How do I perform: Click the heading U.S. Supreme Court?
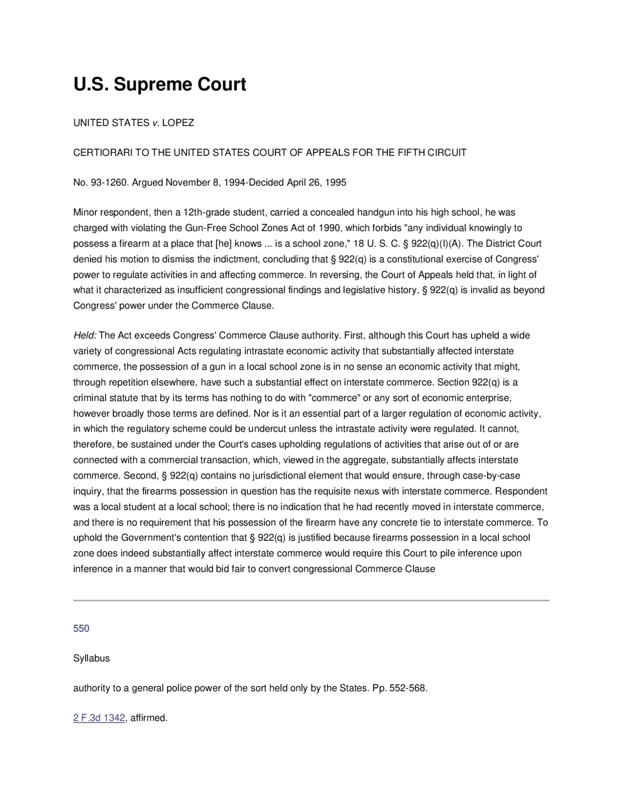160,84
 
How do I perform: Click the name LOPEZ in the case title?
178,123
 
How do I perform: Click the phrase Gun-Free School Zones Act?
244,228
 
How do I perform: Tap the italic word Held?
85,335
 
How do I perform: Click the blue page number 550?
81,628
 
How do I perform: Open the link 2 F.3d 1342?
99,718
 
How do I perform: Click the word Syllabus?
92,659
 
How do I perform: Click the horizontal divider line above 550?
311,601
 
